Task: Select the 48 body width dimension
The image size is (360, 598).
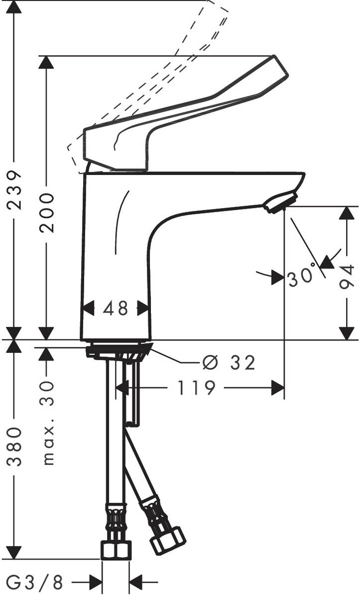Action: click(116, 308)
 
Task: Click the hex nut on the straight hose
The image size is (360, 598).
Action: click(116, 550)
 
